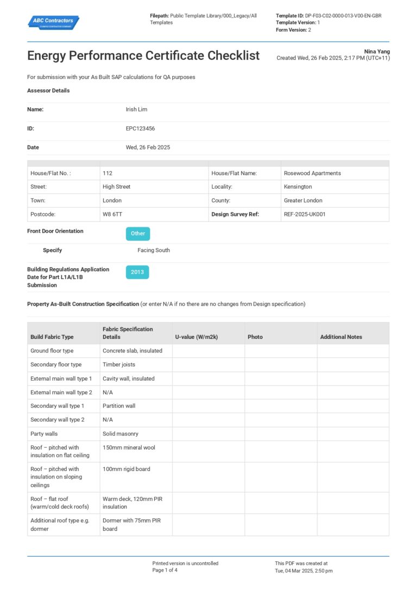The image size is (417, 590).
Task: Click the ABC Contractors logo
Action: click(x=53, y=22)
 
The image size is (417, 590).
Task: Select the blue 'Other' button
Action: click(x=138, y=233)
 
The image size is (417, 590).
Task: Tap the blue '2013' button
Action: click(x=137, y=272)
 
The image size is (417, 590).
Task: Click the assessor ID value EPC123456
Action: click(x=140, y=129)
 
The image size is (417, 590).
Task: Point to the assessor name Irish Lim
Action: click(x=136, y=109)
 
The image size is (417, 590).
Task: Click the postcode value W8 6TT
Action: click(x=112, y=214)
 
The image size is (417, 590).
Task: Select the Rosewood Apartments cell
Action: click(x=312, y=173)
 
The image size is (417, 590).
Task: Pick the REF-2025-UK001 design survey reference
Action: click(x=305, y=214)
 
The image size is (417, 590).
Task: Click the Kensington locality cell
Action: click(x=298, y=187)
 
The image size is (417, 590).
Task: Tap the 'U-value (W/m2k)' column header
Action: click(x=196, y=337)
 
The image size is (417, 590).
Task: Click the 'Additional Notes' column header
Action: click(x=341, y=337)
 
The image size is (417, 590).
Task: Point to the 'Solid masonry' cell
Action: click(x=121, y=434)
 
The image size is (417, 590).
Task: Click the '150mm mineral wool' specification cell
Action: click(x=129, y=448)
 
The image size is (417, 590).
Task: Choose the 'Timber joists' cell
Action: click(x=119, y=364)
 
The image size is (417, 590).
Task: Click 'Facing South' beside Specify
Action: click(x=154, y=250)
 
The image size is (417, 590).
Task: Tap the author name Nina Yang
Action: click(x=377, y=52)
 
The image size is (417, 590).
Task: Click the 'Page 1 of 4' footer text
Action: click(x=165, y=570)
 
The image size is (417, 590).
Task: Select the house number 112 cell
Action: click(x=108, y=173)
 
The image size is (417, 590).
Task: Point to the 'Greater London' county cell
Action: click(x=303, y=201)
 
